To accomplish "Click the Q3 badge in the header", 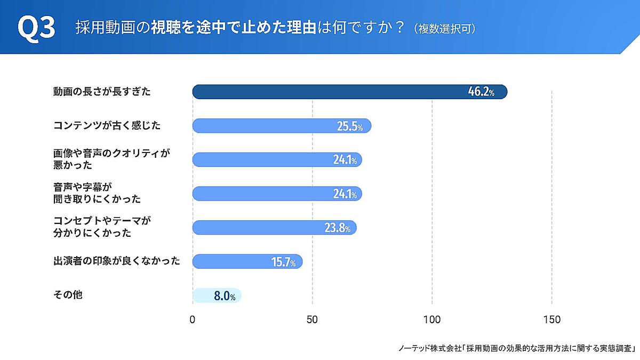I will (x=36, y=28).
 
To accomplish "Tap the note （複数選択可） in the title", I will (x=444, y=28).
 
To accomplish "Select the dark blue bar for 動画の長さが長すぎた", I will (x=320, y=92).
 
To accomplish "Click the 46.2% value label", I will (x=481, y=92).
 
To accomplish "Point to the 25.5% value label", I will (x=350, y=126).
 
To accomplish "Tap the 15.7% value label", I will (x=283, y=262).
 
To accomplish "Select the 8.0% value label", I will (x=225, y=296).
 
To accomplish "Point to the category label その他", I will (x=68, y=294).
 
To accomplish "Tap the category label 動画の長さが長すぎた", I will (x=102, y=92).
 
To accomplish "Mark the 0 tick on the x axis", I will (x=193, y=320).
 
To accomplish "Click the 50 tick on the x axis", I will (x=312, y=320).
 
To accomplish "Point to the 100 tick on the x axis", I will (x=432, y=320).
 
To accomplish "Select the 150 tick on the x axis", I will (x=551, y=320).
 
